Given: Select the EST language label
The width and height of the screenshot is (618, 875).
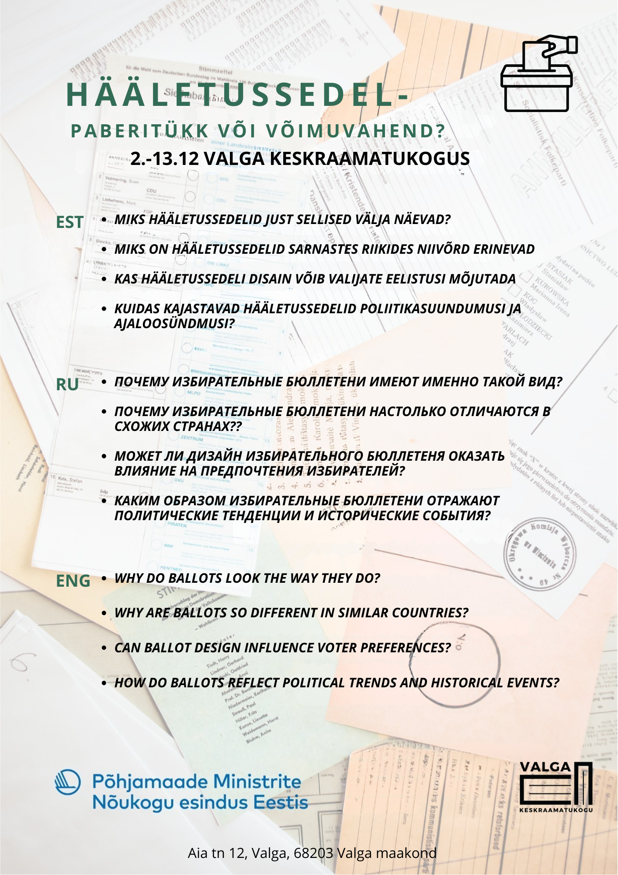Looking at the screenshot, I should (69, 222).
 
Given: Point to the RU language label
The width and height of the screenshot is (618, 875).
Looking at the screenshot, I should (67, 385).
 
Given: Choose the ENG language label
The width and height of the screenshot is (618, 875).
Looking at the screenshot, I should (73, 581).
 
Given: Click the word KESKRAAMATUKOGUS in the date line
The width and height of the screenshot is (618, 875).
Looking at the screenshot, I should (370, 158).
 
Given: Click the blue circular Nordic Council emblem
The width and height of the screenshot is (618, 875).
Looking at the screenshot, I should (68, 782).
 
